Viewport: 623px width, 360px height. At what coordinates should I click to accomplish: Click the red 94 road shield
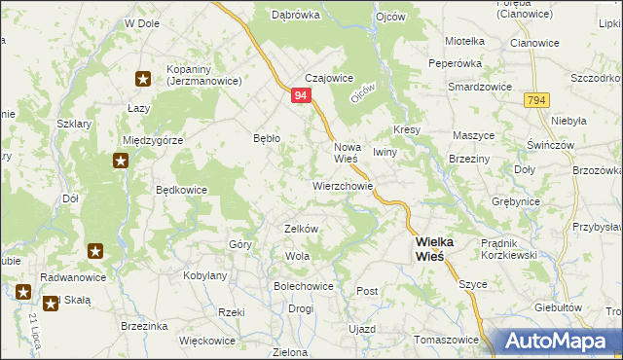300,95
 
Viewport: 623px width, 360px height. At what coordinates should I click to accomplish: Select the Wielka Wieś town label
429,248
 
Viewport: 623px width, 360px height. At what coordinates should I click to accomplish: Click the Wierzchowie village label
343,184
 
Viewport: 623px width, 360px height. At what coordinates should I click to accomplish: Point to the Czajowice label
328,79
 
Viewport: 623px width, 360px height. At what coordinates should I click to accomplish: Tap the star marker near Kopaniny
143,79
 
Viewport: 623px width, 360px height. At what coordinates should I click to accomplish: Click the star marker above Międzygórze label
121,162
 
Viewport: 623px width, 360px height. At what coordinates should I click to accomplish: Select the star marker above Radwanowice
96,252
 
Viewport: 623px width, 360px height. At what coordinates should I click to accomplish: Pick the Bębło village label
267,138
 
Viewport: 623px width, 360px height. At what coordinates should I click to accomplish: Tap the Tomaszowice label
447,340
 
